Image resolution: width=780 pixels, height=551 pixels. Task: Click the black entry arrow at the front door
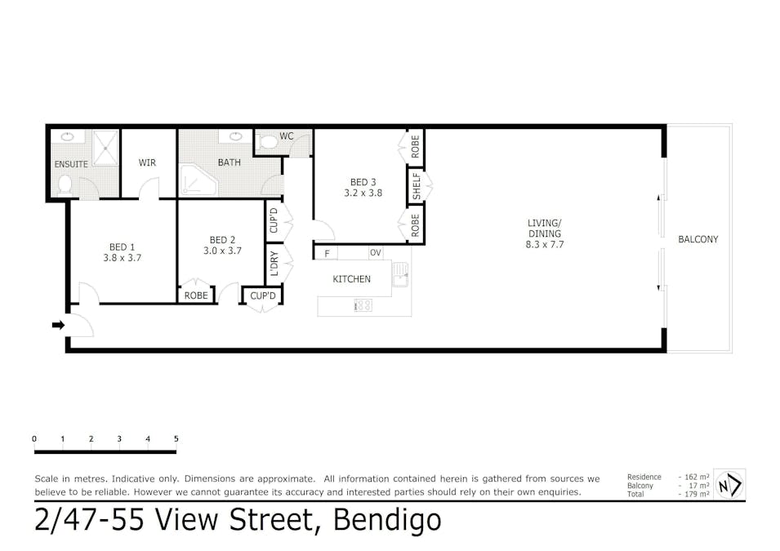[58, 325]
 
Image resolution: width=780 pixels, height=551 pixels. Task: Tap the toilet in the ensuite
[65, 185]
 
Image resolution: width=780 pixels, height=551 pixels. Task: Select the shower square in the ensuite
[105, 148]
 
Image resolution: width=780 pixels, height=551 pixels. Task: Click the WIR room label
[147, 162]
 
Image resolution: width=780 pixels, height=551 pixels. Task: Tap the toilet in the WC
[268, 143]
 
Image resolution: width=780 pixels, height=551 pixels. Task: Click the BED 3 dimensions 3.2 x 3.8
[363, 193]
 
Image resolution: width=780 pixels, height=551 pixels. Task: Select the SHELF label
[417, 186]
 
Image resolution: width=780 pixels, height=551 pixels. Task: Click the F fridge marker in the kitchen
[327, 254]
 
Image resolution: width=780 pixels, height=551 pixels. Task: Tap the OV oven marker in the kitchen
[376, 253]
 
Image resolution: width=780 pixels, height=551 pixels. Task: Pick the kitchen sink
[400, 274]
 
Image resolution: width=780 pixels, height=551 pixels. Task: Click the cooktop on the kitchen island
[363, 304]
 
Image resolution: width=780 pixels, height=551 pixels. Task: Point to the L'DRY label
[274, 264]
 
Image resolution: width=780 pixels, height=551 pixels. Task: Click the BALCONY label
[698, 239]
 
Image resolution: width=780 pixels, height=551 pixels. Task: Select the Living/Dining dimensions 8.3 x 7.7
[545, 245]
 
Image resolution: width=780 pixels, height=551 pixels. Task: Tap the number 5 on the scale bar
[176, 438]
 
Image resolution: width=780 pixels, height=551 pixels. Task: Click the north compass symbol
[729, 484]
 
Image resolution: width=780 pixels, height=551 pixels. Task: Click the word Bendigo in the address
[387, 520]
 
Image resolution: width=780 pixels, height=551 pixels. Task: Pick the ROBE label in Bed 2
[196, 295]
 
